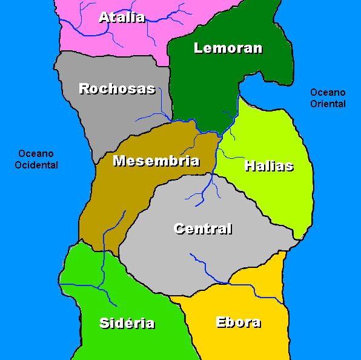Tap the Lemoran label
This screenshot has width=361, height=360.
228,48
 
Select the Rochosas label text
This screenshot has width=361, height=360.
117,89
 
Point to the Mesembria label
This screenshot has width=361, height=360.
156,161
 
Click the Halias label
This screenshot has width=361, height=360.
269,166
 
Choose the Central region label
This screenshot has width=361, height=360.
203,229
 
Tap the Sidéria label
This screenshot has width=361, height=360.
127,323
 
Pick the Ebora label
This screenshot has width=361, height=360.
238,322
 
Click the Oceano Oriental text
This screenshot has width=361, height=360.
328,98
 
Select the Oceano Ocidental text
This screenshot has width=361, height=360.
37,159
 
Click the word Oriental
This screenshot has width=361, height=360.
328,104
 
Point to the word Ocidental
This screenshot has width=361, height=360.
37,165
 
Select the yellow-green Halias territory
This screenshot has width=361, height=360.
273,194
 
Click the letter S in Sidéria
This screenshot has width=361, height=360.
104,323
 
